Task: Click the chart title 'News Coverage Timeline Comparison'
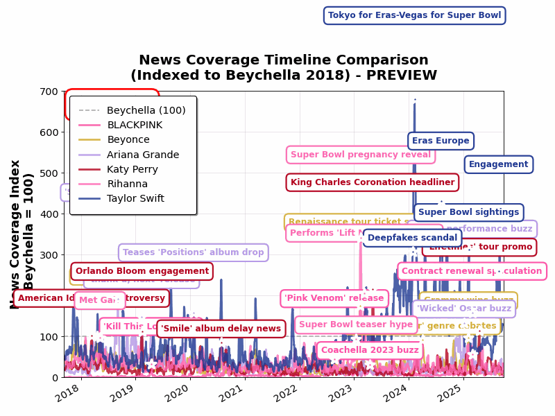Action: pyautogui.click(x=283, y=60)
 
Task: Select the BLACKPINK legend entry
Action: pyautogui.click(x=135, y=125)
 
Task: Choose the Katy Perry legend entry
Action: pyautogui.click(x=132, y=170)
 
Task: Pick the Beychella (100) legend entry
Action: pyautogui.click(x=146, y=111)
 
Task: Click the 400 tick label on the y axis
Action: pyautogui.click(x=49, y=214)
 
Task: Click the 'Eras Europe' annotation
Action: pyautogui.click(x=441, y=141)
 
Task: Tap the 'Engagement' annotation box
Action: pyautogui.click(x=498, y=164)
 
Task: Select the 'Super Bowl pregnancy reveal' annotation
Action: pyautogui.click(x=361, y=155)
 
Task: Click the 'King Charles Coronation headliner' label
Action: pyautogui.click(x=373, y=182)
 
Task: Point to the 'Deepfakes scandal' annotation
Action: pyautogui.click(x=412, y=238)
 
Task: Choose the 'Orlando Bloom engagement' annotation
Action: pyautogui.click(x=142, y=271)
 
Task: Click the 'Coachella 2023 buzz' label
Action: pyautogui.click(x=370, y=350)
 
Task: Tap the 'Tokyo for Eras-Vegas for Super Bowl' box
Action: pyautogui.click(x=414, y=15)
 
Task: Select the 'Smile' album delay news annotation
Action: pyautogui.click(x=221, y=329)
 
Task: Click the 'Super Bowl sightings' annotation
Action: pyautogui.click(x=468, y=212)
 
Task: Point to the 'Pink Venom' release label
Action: pyautogui.click(x=334, y=298)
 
